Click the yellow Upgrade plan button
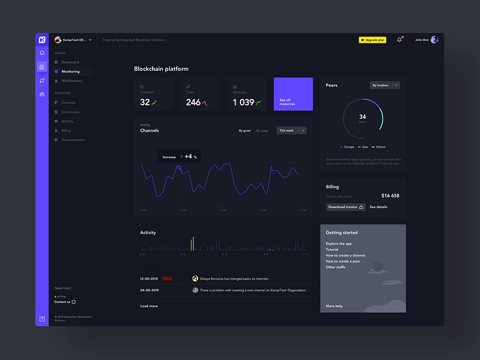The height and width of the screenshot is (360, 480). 372,40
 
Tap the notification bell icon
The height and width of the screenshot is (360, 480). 400,40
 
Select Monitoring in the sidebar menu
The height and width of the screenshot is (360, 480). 70,71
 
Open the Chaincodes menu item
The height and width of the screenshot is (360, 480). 70,112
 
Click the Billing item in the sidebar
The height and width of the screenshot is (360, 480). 66,130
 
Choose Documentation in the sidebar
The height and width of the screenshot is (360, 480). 73,140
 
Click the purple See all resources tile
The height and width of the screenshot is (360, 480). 293,94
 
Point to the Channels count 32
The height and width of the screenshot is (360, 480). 145,102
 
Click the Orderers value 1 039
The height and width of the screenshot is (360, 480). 243,102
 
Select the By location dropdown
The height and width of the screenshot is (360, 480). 385,85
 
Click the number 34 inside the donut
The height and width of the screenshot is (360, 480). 363,117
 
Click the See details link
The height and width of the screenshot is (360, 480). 378,207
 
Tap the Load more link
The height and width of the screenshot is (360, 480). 149,306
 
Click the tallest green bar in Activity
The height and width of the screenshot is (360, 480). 193,243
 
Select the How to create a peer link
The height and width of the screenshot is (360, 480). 343,261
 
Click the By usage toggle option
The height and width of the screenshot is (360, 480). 262,130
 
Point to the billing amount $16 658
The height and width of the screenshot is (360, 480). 390,195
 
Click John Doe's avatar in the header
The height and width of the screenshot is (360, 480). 435,40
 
